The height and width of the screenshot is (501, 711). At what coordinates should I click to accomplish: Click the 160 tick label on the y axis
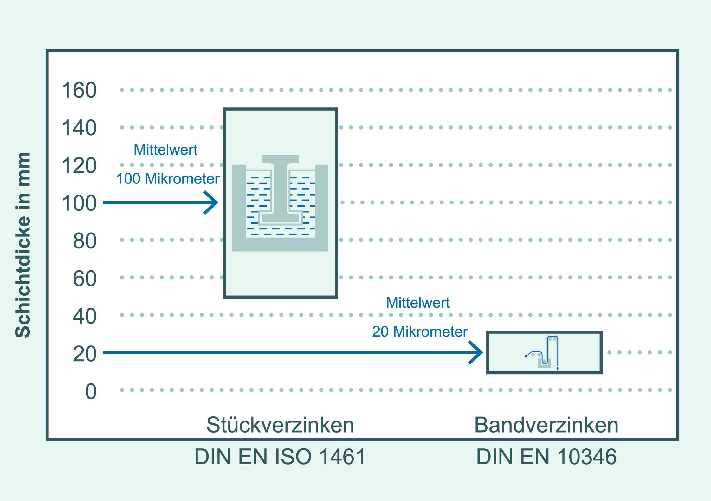pyautogui.click(x=79, y=90)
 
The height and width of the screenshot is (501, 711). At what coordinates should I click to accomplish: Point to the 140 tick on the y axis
pyautogui.click(x=79, y=128)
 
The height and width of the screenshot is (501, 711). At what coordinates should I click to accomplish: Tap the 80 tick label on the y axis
pyautogui.click(x=85, y=241)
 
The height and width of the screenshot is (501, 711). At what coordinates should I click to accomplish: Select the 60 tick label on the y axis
pyautogui.click(x=85, y=279)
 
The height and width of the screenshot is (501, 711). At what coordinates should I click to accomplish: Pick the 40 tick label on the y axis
pyautogui.click(x=85, y=316)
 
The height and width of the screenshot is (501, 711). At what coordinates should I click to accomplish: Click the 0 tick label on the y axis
pyautogui.click(x=91, y=392)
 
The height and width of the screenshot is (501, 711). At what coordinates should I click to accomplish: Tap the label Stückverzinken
pyautogui.click(x=280, y=425)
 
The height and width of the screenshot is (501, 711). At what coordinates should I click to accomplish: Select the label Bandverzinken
pyautogui.click(x=546, y=425)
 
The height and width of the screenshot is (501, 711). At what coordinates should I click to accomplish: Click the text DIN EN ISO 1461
pyautogui.click(x=280, y=457)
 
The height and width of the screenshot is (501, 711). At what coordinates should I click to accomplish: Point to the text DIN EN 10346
pyautogui.click(x=546, y=457)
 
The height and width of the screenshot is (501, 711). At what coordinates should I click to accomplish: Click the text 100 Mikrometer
pyautogui.click(x=168, y=179)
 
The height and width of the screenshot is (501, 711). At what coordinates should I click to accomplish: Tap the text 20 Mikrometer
pyautogui.click(x=420, y=332)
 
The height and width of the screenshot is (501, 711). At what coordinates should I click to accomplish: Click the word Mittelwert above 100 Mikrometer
pyautogui.click(x=165, y=150)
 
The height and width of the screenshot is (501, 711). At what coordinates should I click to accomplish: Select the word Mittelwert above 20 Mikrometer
pyautogui.click(x=418, y=303)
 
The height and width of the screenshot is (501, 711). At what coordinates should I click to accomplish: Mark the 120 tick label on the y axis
pyautogui.click(x=79, y=166)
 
